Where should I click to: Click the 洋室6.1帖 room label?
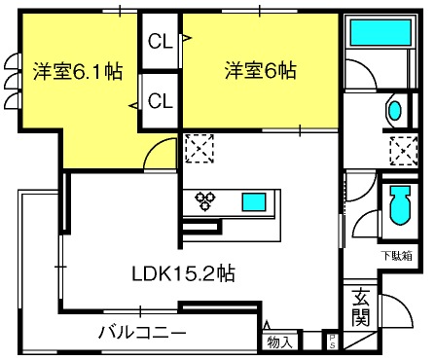click(x=78, y=71)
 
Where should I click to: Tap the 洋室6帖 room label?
click(x=261, y=70)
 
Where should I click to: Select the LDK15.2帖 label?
click(x=183, y=273)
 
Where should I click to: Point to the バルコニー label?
click(x=142, y=333)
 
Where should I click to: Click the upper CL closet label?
click(x=160, y=41)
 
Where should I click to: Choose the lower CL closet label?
click(x=160, y=101)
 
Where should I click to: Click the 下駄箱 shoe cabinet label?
click(x=397, y=256)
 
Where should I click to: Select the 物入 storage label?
click(x=279, y=342)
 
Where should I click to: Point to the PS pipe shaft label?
click(x=332, y=342)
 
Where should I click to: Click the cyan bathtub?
click(x=381, y=32)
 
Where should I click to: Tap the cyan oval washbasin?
click(x=395, y=111)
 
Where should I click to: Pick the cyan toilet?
click(x=401, y=205)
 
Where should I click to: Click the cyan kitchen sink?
click(x=254, y=202)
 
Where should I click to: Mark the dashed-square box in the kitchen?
click(x=199, y=149)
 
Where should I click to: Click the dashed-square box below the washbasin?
click(x=404, y=151)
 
